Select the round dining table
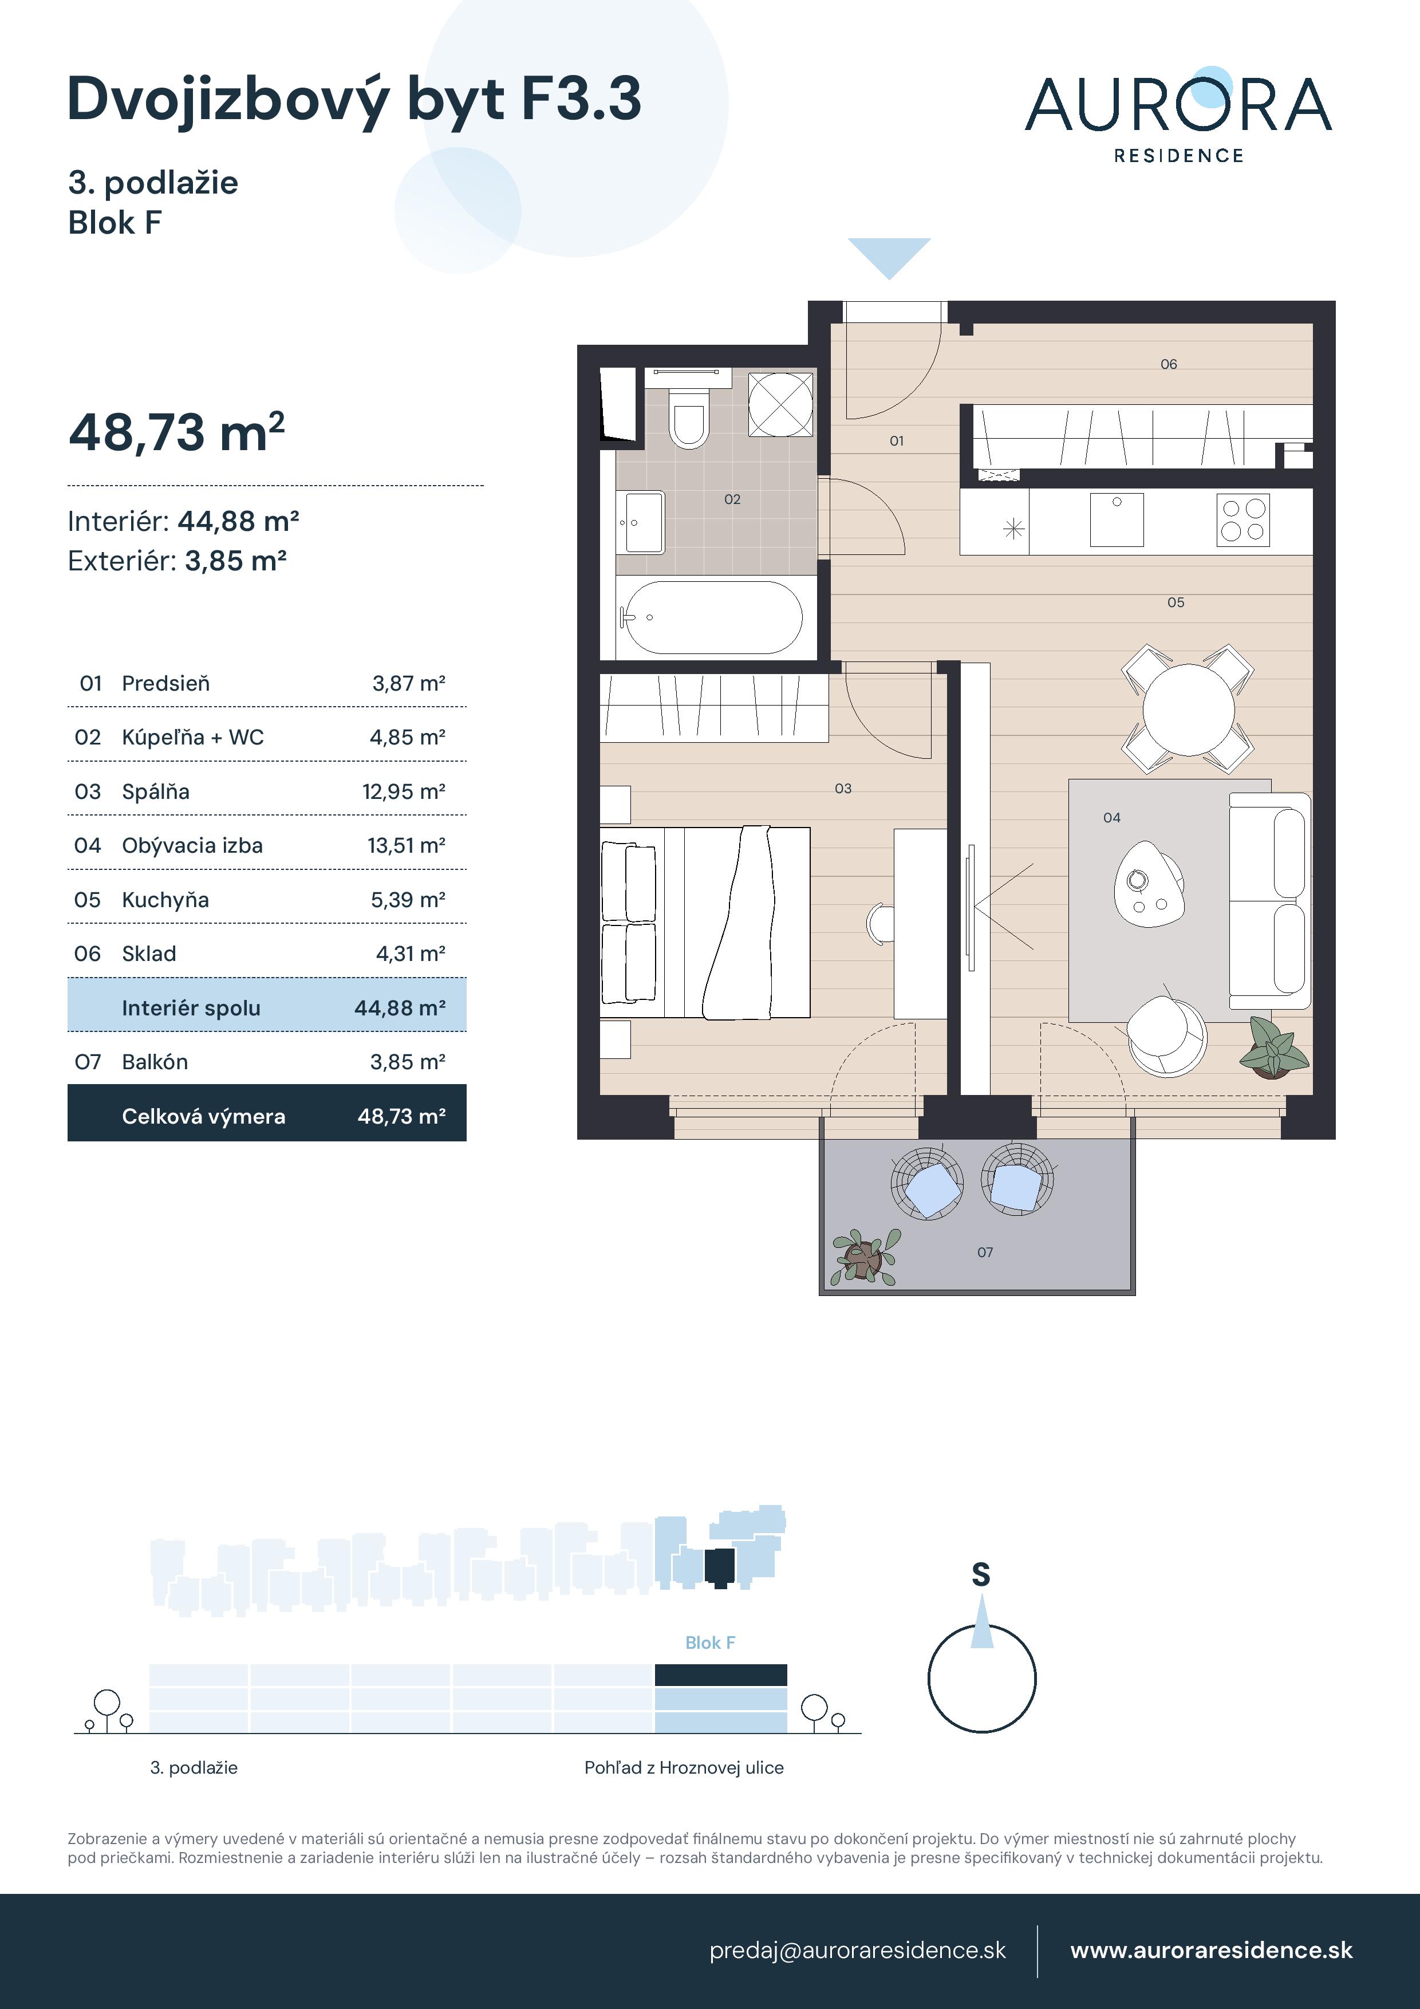[x=1188, y=710]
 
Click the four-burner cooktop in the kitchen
[x=1243, y=520]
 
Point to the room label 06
[x=1169, y=364]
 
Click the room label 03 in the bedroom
[x=842, y=789]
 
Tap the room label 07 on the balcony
[x=985, y=1252]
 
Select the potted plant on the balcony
[x=865, y=1258]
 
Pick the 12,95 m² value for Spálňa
[x=403, y=792]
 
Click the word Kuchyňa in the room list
[x=165, y=900]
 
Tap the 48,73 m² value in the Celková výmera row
[x=401, y=1117]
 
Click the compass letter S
[x=981, y=1575]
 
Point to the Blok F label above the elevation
[x=709, y=1642]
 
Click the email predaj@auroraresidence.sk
[x=857, y=1951]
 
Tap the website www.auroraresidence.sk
[x=1211, y=1951]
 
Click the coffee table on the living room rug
[x=1149, y=883]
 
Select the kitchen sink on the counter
[x=1117, y=520]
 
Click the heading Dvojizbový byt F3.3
[x=354, y=100]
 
